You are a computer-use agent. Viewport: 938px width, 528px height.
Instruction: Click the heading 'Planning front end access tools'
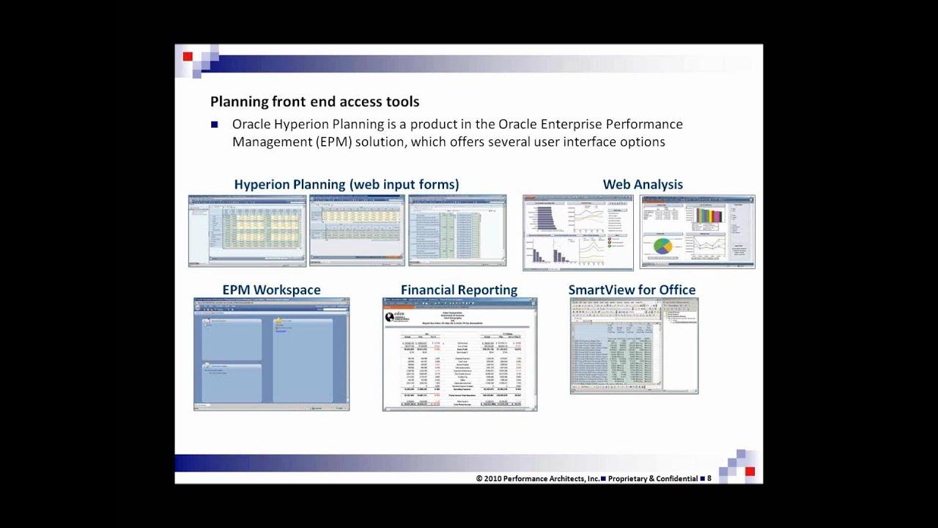coord(314,102)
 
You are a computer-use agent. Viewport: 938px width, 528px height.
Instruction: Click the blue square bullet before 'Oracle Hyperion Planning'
coord(215,125)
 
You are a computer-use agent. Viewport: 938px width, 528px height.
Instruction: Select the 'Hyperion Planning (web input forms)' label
coord(347,185)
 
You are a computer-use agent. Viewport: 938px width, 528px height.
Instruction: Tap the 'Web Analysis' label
coord(643,185)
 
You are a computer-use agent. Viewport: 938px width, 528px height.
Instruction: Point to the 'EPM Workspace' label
coord(271,290)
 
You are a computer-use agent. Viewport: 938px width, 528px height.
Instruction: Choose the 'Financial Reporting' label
coord(459,290)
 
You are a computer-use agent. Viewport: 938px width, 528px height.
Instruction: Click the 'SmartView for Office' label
coord(632,290)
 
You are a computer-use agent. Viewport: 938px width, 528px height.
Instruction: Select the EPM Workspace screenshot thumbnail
coord(271,353)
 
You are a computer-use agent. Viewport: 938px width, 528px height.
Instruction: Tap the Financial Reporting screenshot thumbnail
coord(459,354)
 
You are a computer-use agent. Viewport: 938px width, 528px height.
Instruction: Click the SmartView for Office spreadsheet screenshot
coord(634,345)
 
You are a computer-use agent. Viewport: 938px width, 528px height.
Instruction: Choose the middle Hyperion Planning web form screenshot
coord(357,230)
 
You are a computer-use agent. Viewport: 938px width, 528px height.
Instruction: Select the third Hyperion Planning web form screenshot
coord(457,230)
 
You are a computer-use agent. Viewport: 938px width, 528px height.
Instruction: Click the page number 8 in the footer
coord(709,478)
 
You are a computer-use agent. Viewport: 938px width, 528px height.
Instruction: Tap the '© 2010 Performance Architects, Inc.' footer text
coord(537,479)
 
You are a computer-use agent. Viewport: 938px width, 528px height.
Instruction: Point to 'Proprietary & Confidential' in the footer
coord(653,479)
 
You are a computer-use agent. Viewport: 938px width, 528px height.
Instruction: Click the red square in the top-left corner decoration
coord(188,56)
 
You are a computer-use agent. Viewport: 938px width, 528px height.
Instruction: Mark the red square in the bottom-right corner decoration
coord(750,472)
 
